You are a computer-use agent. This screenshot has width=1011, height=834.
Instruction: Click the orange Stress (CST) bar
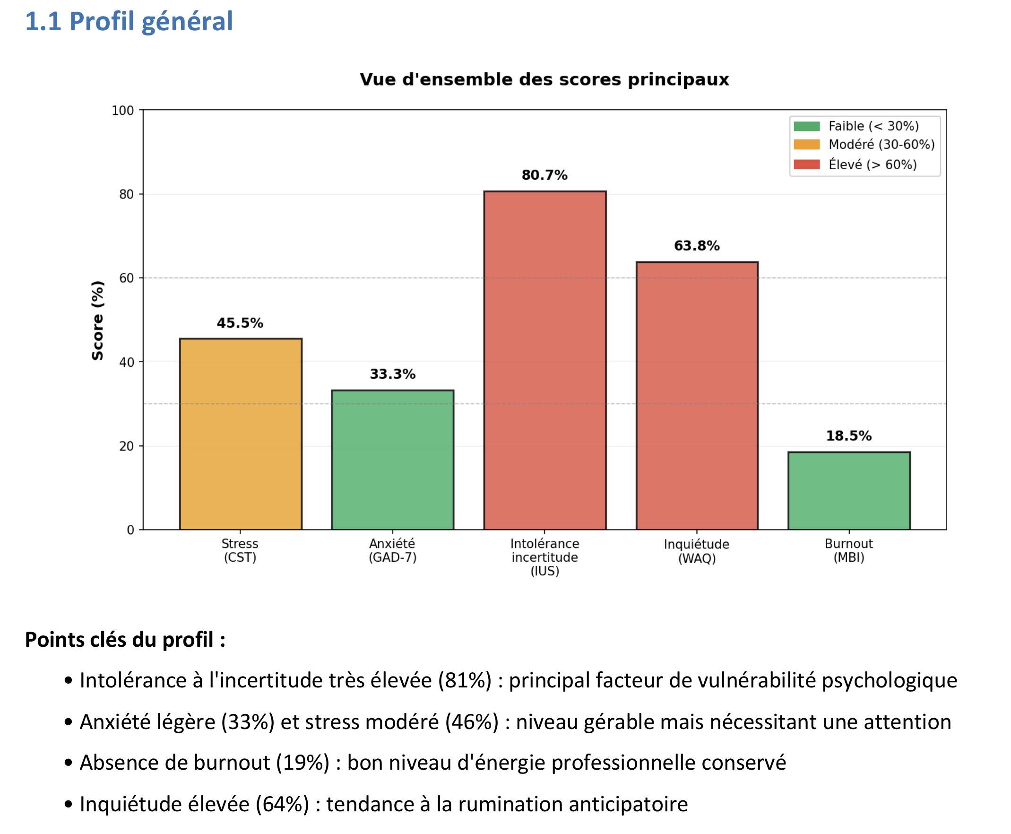coord(240,434)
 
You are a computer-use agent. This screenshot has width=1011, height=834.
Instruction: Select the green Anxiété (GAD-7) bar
coord(392,460)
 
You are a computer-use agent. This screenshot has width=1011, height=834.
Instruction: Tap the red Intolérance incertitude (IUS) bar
coord(544,360)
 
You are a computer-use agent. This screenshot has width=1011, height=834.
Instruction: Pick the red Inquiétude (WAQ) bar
coord(697,395)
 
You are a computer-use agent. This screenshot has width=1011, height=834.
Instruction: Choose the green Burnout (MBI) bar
coord(849,490)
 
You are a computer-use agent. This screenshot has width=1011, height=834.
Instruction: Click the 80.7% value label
coord(544,175)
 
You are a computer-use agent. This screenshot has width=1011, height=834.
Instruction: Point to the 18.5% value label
coord(849,436)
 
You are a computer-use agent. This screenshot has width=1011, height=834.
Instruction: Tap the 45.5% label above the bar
coord(240,323)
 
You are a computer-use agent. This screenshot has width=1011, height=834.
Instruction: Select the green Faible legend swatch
coord(806,126)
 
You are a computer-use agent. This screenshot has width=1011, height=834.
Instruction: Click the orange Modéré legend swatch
coord(806,145)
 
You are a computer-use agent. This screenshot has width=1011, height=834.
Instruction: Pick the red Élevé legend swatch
coord(806,165)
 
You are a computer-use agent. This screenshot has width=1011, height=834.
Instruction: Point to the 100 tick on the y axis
coord(123,111)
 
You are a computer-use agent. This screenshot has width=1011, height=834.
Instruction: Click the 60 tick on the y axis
coord(127,278)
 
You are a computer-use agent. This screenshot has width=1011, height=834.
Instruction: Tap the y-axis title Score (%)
coord(97,321)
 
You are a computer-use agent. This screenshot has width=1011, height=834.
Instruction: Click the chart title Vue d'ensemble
coord(544,79)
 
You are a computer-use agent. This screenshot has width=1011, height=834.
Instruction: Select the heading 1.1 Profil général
coord(129,22)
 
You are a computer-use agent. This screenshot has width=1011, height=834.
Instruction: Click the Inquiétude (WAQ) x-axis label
coord(697,551)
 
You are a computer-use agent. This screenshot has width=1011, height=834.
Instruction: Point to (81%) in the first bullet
coord(465,680)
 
